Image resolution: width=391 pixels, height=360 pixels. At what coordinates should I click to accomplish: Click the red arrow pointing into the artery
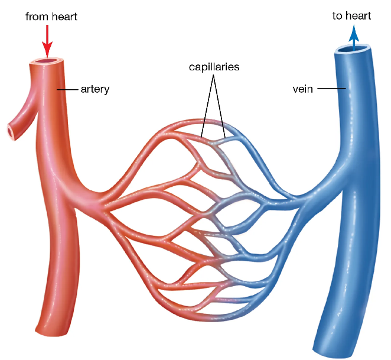47,41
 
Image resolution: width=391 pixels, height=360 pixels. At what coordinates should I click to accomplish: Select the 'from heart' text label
51,17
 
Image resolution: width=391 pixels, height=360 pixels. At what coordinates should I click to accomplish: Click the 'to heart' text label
351,16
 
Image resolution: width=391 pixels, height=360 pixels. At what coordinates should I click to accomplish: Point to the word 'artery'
95,89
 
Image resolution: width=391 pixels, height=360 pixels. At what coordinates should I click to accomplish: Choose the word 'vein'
303,89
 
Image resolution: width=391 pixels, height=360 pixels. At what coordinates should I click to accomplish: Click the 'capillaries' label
214,67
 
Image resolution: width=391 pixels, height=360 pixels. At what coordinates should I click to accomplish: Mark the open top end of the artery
47,61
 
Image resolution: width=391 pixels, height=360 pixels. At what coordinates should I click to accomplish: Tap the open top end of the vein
353,48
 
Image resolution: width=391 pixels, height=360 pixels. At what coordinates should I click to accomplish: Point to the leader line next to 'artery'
67,89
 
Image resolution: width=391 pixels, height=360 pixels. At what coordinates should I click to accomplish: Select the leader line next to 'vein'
331,88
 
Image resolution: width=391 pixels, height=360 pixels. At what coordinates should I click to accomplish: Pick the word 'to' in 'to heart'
337,16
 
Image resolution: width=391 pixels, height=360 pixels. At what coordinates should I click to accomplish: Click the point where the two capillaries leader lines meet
213,76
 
